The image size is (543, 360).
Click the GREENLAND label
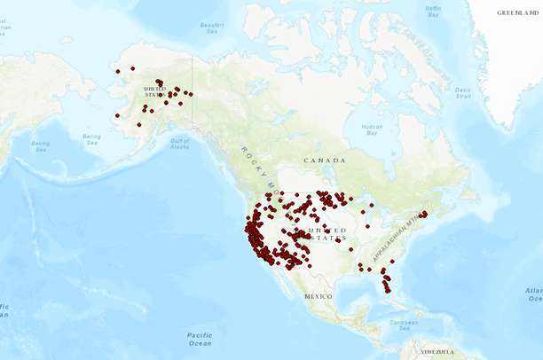point(517,13)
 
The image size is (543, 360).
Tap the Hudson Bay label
point(373,129)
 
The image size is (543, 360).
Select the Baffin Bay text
point(433,12)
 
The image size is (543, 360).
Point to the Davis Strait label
point(464,92)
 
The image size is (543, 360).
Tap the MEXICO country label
point(318,294)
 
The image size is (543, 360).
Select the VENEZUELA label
point(437,352)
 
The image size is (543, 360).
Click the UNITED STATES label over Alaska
point(154,90)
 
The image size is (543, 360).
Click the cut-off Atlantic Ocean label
point(532,294)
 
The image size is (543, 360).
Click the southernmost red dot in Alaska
point(138,125)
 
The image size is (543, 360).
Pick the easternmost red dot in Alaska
point(191,94)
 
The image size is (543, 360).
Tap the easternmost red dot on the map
point(425,214)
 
